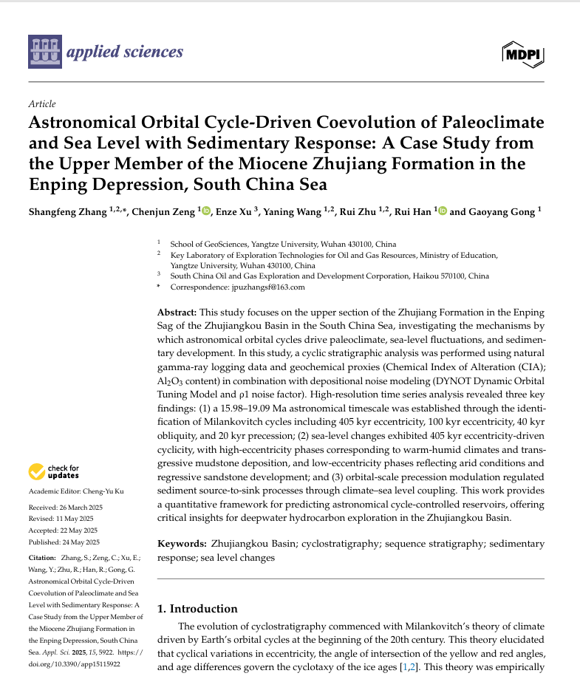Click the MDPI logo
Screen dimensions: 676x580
523,53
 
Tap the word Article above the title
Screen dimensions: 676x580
41,104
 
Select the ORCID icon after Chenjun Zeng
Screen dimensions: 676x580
206,211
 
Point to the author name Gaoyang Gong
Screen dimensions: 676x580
502,212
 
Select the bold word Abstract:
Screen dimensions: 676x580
177,313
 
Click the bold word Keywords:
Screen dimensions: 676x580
182,544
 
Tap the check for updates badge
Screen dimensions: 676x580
54,471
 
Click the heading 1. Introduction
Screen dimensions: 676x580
197,609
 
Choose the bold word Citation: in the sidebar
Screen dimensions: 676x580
42,559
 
